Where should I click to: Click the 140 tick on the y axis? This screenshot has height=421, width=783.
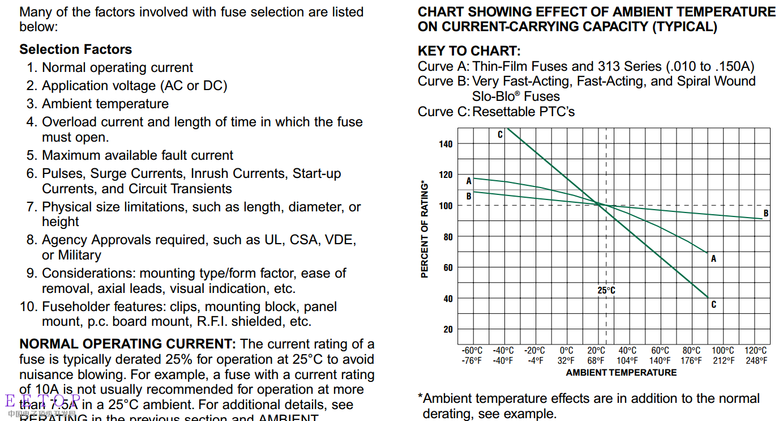pyautogui.click(x=446, y=144)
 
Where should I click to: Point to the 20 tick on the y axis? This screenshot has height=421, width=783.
pyautogui.click(x=448, y=329)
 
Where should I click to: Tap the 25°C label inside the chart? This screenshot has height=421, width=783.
pyautogui.click(x=606, y=290)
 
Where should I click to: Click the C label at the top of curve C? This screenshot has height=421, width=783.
pyautogui.click(x=500, y=134)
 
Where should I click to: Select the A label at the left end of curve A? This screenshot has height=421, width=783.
pyautogui.click(x=469, y=181)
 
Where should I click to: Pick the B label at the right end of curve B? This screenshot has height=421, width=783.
pyautogui.click(x=766, y=214)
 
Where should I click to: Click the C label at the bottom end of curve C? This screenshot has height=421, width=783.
pyautogui.click(x=713, y=304)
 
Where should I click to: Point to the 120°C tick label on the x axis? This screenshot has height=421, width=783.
pyautogui.click(x=756, y=351)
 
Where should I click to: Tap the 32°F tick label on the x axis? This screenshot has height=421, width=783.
pyautogui.click(x=566, y=360)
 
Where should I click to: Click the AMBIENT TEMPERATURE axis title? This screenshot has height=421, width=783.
pyautogui.click(x=621, y=372)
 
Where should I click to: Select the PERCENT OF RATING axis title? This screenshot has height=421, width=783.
pyautogui.click(x=425, y=229)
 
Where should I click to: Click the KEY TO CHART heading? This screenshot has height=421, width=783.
pyautogui.click(x=469, y=51)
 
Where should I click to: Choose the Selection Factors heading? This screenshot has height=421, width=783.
pyautogui.click(x=75, y=49)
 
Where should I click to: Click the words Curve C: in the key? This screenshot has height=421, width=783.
pyautogui.click(x=443, y=112)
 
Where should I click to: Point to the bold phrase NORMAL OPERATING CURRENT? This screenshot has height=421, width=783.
pyautogui.click(x=127, y=344)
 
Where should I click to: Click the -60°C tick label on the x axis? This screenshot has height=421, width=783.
pyautogui.click(x=472, y=351)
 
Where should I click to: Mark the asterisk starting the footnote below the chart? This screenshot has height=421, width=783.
pyautogui.click(x=421, y=397)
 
